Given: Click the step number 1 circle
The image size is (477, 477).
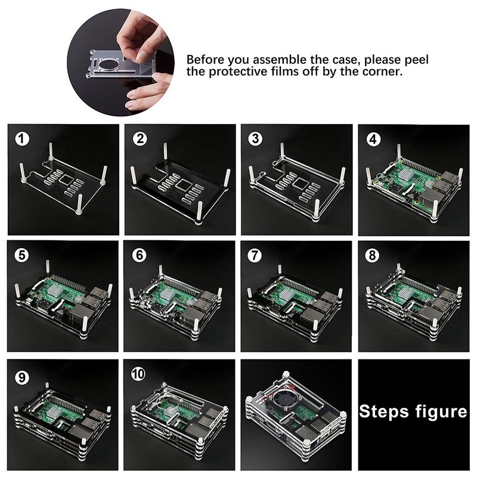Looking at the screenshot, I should pos(22,139).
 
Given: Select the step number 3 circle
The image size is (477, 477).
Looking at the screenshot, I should pos(256,139).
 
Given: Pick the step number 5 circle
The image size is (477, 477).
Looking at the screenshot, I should pos(22,255).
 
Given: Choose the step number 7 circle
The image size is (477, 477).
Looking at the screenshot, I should pos(256,255).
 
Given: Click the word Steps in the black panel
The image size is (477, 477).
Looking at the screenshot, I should pos(385,411).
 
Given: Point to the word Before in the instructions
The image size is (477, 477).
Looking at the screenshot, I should pos(206,60).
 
